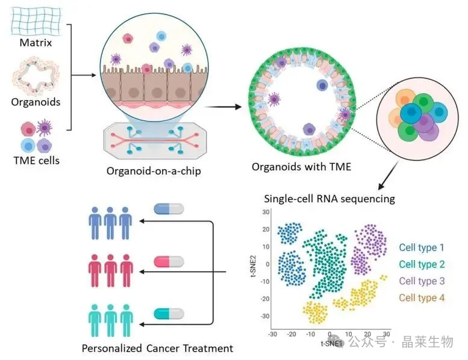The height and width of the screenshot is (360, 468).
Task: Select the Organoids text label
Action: [36, 102]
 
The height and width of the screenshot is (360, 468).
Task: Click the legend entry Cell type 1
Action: [422, 247]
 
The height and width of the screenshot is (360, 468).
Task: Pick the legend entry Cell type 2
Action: [422, 264]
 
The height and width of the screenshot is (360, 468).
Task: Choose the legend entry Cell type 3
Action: [422, 281]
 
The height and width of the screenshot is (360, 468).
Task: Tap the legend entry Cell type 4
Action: [422, 297]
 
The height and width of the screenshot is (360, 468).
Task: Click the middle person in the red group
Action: [109, 270]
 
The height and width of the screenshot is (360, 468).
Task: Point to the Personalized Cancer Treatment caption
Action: [158, 348]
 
